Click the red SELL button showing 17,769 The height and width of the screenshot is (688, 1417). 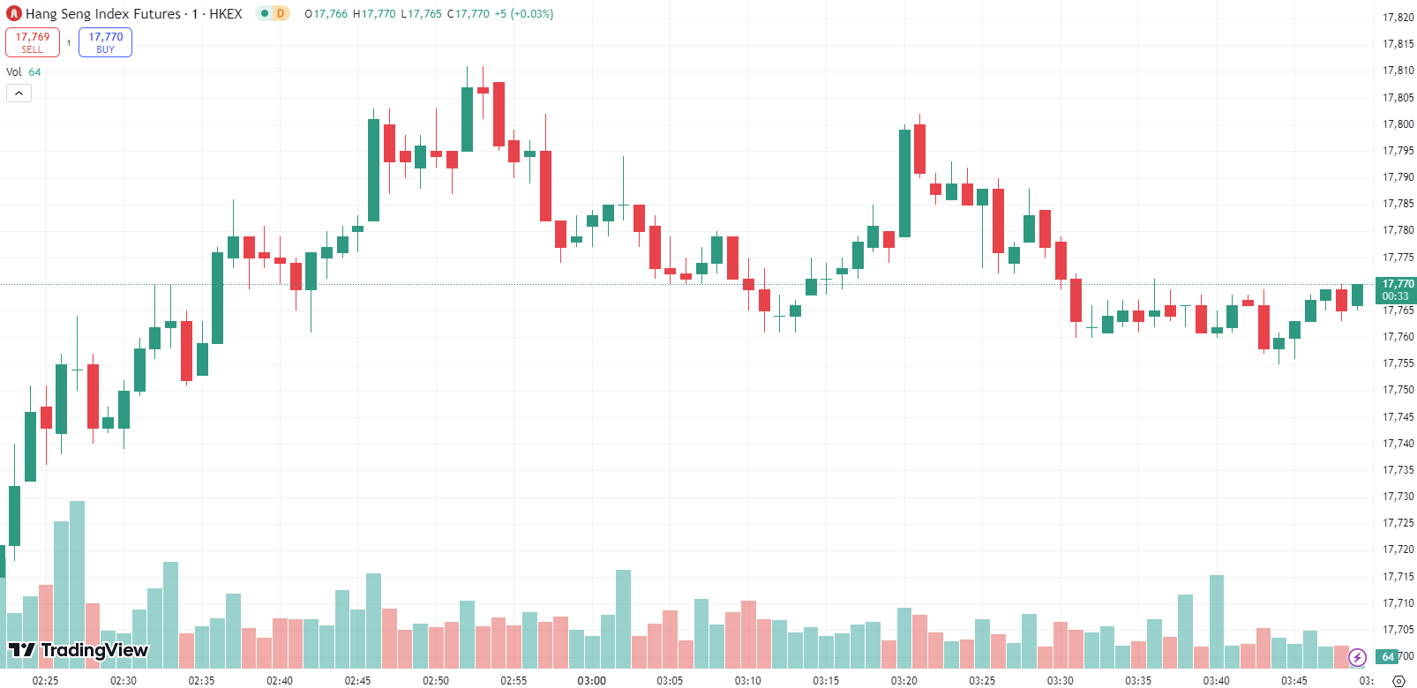(x=33, y=42)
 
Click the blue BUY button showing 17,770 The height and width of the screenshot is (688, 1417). (x=105, y=42)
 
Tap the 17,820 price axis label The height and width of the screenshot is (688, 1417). (x=1398, y=18)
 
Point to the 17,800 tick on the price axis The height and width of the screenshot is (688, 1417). (x=1398, y=124)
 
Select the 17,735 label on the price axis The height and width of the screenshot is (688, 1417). (x=1398, y=470)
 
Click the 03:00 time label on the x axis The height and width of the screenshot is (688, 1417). (x=591, y=680)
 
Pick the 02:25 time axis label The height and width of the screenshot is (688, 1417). (x=45, y=680)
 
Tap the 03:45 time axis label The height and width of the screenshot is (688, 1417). (x=1294, y=680)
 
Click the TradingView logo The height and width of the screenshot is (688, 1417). (x=79, y=651)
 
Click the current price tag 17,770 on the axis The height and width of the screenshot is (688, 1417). (x=1398, y=284)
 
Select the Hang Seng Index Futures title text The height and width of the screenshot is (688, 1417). (x=102, y=14)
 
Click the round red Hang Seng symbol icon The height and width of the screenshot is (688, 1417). (x=13, y=14)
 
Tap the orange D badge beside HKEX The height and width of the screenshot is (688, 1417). (x=281, y=13)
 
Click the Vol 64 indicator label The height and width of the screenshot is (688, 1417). (x=24, y=72)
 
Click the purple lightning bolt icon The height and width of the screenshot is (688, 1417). (x=1357, y=657)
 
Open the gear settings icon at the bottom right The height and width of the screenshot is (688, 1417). (x=1398, y=680)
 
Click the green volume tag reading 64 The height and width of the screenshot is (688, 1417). (x=1388, y=656)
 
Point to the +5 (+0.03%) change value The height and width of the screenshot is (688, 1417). (x=523, y=14)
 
